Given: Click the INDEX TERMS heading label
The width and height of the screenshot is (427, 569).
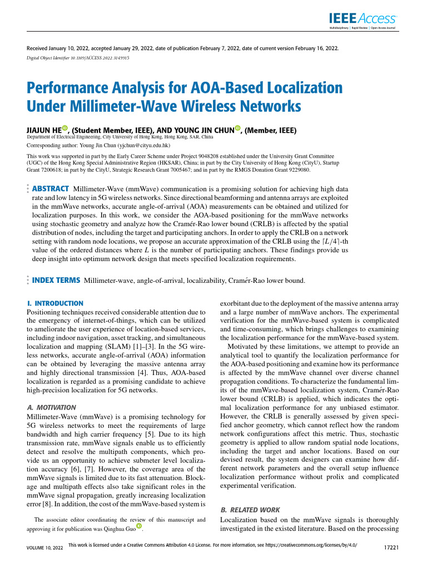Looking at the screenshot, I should (56, 280).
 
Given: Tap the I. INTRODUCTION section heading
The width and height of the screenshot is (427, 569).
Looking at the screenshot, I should (55, 303).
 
